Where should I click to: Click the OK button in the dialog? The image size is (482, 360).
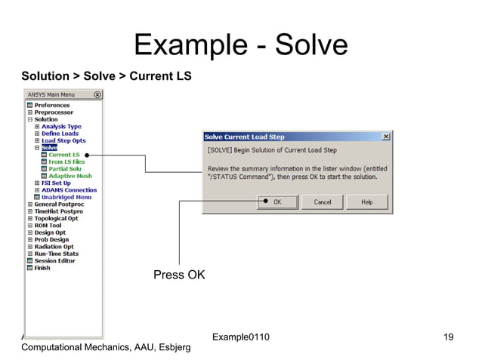pyautogui.click(x=277, y=202)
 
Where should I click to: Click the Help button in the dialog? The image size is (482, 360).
pyautogui.click(x=366, y=202)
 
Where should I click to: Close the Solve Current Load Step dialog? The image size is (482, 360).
pyautogui.click(x=386, y=137)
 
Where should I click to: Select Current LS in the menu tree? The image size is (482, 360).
pyautogui.click(x=64, y=155)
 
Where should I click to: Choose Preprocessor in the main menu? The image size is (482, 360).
pyautogui.click(x=53, y=112)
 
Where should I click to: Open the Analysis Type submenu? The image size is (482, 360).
pyautogui.click(x=61, y=126)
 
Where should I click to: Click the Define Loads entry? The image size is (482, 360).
pyautogui.click(x=61, y=133)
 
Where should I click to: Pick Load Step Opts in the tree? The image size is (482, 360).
pyautogui.click(x=63, y=140)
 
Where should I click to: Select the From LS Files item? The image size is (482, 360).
pyautogui.click(x=66, y=162)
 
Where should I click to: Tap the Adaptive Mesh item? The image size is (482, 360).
pyautogui.click(x=70, y=176)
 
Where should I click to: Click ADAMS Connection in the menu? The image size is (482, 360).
pyautogui.click(x=69, y=190)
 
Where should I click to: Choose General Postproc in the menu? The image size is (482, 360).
pyautogui.click(x=60, y=204)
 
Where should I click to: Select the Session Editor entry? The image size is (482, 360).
pyautogui.click(x=55, y=260)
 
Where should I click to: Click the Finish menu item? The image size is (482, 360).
pyautogui.click(x=42, y=268)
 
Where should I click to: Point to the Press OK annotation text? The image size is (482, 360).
pyautogui.click(x=179, y=275)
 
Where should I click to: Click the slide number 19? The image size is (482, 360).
pyautogui.click(x=448, y=336)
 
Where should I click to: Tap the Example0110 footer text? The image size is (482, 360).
pyautogui.click(x=241, y=336)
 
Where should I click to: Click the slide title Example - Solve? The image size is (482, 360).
pyautogui.click(x=241, y=46)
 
